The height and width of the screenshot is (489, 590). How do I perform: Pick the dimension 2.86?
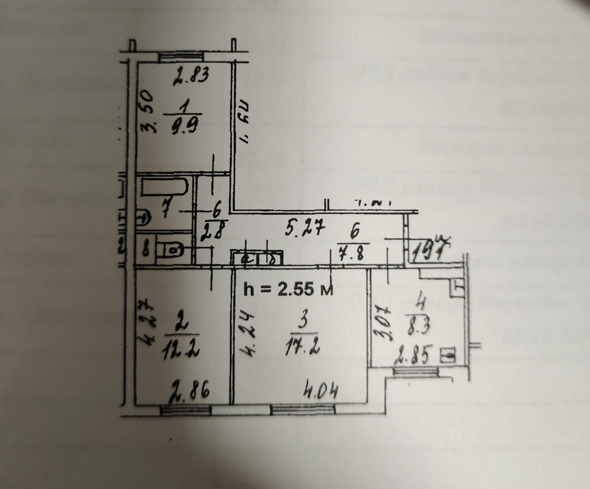pyautogui.click(x=190, y=391)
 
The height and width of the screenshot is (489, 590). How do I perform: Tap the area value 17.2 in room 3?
pyautogui.click(x=302, y=346)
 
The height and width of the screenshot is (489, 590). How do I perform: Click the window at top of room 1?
pyautogui.click(x=181, y=57)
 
